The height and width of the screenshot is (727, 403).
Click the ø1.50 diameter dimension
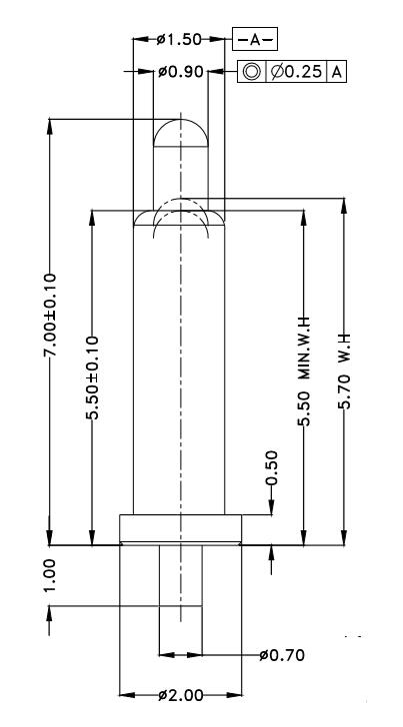click(180, 40)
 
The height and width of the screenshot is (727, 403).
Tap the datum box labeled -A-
click(255, 40)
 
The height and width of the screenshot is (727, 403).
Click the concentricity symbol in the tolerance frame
click(251, 72)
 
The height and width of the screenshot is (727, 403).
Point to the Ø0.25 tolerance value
click(297, 72)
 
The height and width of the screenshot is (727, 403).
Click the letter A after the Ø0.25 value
click(337, 72)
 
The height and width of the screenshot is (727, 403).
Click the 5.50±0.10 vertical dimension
click(92, 379)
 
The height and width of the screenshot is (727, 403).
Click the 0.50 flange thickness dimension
click(270, 470)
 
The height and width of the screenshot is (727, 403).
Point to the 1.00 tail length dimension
click(50, 577)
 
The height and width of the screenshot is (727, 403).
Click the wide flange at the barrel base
click(180, 528)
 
